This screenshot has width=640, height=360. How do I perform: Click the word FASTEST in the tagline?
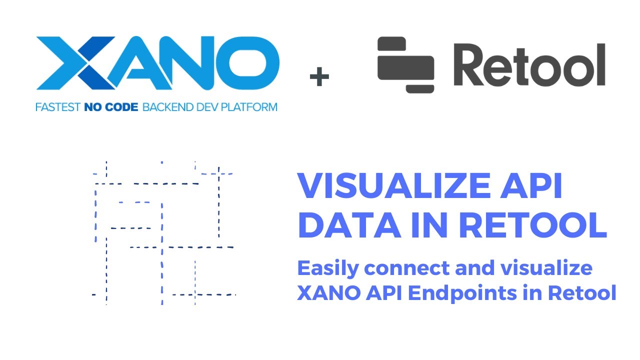pyautogui.click(x=56, y=106)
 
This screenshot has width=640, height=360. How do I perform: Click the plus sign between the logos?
pyautogui.click(x=319, y=77)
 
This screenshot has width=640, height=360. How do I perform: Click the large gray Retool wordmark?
pyautogui.click(x=529, y=65)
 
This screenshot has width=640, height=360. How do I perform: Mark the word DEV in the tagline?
pyautogui.click(x=207, y=106)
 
